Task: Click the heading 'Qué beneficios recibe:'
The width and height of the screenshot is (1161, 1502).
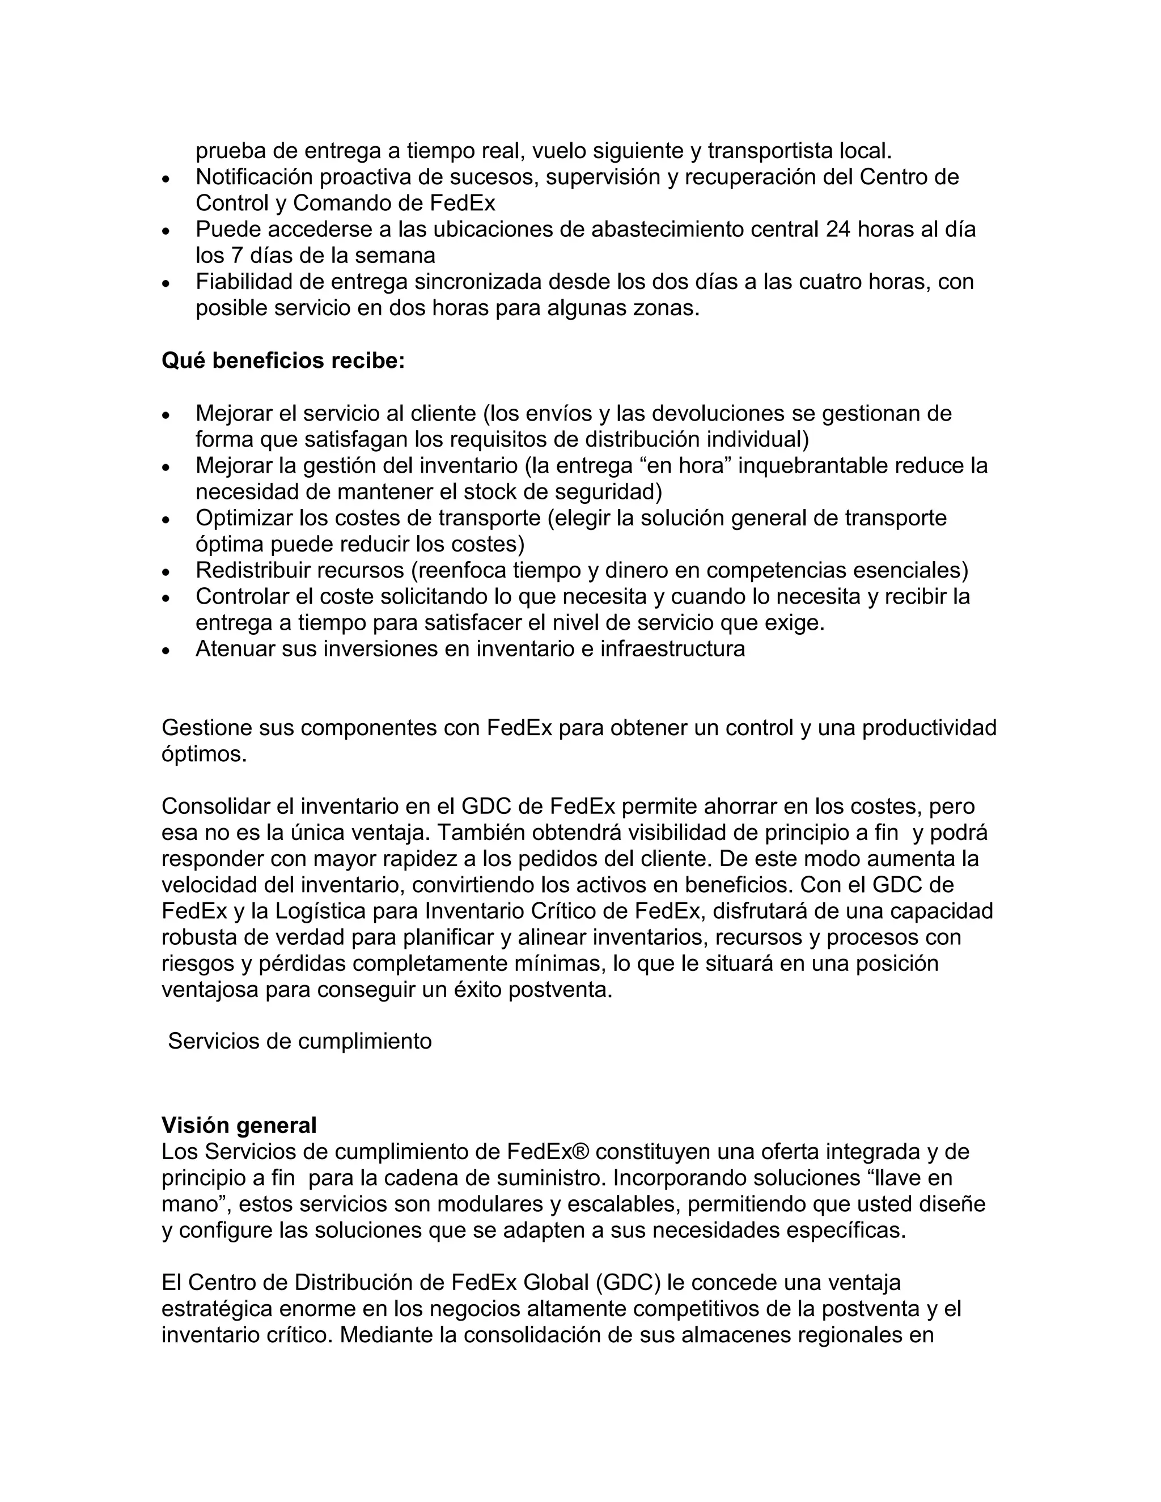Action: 283,360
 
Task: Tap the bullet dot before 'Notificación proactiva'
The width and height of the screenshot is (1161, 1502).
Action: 166,178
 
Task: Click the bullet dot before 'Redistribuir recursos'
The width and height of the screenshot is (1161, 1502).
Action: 166,571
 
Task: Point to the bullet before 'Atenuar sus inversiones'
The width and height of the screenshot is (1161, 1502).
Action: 166,650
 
